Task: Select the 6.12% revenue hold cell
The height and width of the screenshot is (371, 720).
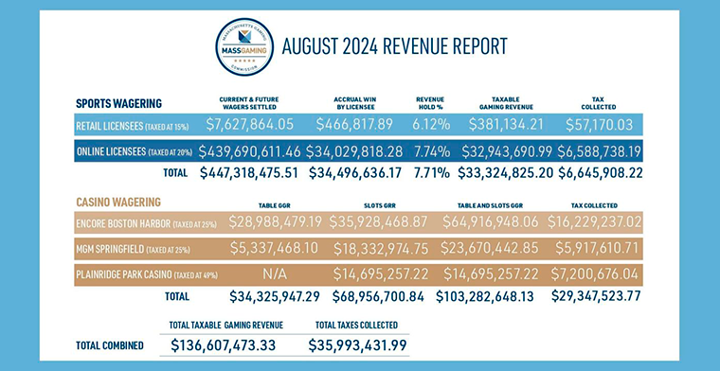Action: click(x=438, y=124)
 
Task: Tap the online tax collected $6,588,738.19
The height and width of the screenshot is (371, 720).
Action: click(x=591, y=150)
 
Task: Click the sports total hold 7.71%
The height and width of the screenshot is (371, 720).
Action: click(x=438, y=173)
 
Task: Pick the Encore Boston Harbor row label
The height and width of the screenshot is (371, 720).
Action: click(x=138, y=223)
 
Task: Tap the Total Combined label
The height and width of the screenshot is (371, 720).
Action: click(x=109, y=345)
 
